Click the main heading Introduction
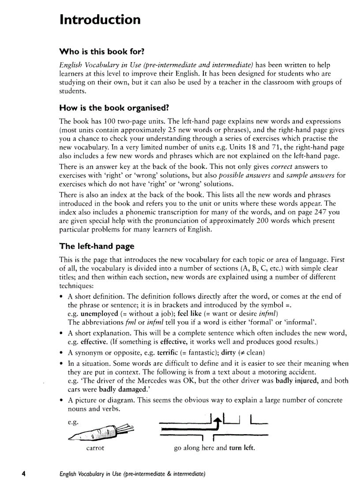tap(100, 20)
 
